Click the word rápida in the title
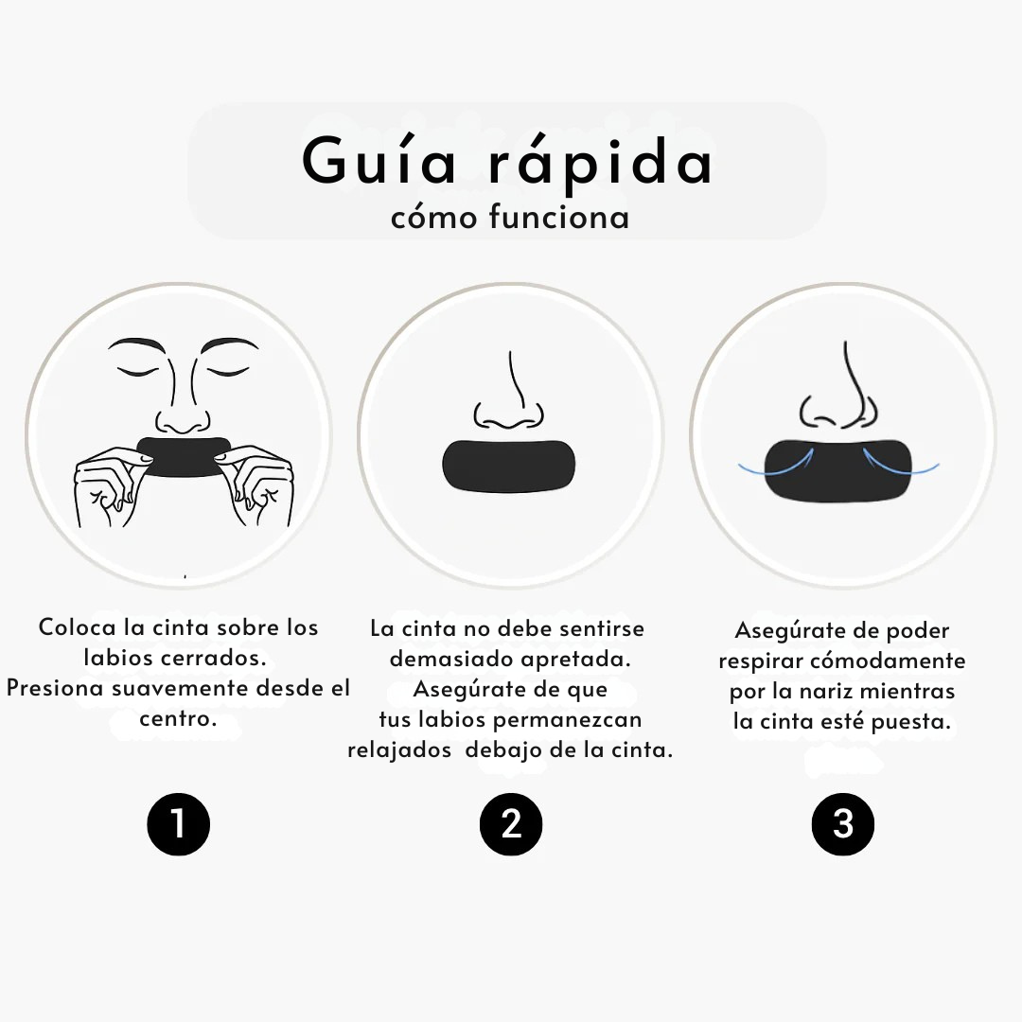(602, 163)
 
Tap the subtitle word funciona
(559, 218)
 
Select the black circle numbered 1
(178, 823)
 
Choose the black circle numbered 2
(511, 823)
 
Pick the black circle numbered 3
(843, 823)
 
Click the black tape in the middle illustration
(508, 467)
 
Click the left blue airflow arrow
(776, 464)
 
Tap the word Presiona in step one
(55, 688)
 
